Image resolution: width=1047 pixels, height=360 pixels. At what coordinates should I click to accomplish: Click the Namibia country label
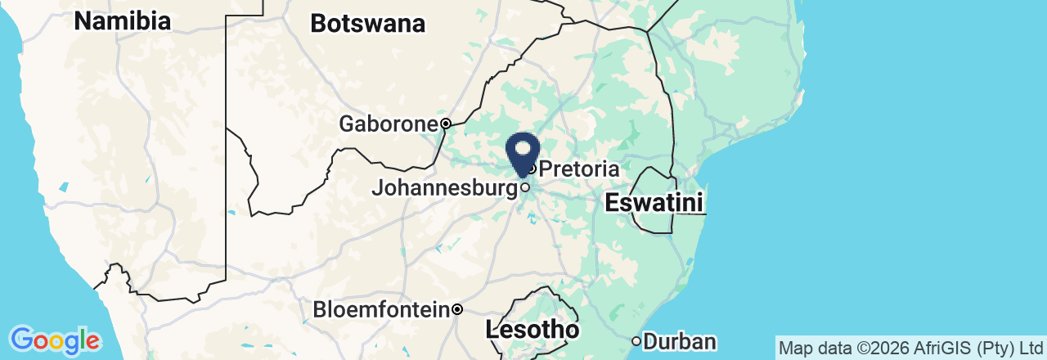(122, 21)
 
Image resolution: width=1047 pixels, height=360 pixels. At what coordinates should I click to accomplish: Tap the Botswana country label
(367, 24)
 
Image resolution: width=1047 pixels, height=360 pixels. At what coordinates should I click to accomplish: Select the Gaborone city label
(389, 124)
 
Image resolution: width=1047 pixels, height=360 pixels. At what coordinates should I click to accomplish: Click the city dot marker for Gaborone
(446, 124)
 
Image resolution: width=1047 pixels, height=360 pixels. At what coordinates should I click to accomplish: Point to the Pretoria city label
(578, 169)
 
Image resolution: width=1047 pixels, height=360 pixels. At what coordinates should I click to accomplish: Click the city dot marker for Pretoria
(532, 169)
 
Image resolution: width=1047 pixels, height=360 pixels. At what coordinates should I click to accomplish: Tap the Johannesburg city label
(444, 188)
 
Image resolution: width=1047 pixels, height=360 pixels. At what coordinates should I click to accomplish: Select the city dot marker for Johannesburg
(525, 187)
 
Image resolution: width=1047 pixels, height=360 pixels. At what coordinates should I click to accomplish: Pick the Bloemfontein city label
(382, 310)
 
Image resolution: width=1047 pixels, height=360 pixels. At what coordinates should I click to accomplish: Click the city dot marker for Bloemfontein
(458, 310)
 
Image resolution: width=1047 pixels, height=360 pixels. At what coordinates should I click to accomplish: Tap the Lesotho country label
(532, 330)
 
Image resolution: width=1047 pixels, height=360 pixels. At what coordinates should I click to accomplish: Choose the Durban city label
(680, 341)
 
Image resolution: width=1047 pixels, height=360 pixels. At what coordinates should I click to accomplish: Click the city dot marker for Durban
(636, 341)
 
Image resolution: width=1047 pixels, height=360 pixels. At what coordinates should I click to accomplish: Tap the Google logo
(55, 340)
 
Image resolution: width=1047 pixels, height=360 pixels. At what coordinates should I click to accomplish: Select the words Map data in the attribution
(813, 348)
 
